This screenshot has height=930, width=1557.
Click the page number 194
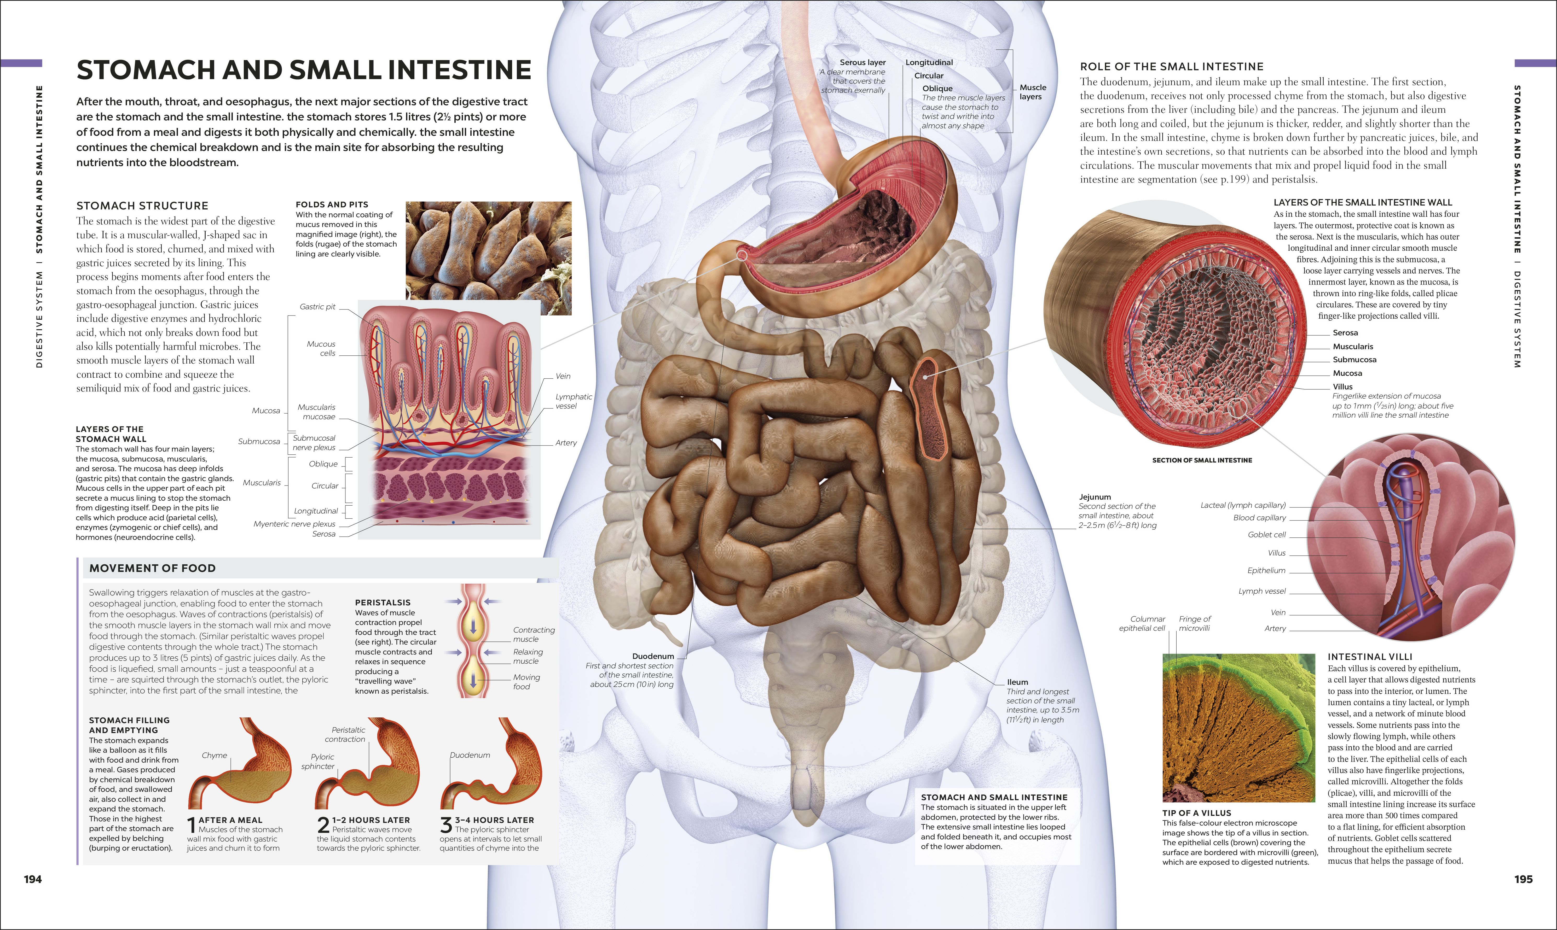pyautogui.click(x=33, y=879)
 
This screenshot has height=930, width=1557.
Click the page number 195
pyautogui.click(x=1523, y=879)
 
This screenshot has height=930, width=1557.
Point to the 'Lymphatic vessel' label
pyautogui.click(x=574, y=401)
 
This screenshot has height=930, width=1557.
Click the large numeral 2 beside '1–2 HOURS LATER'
pyautogui.click(x=323, y=825)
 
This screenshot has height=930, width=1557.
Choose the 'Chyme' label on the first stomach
pyautogui.click(x=214, y=755)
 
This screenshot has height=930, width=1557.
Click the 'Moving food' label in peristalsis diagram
pyautogui.click(x=526, y=682)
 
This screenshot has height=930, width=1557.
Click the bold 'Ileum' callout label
pyautogui.click(x=1017, y=682)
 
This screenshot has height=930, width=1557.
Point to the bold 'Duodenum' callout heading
pyautogui.click(x=653, y=656)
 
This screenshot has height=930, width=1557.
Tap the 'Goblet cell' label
pyautogui.click(x=1267, y=535)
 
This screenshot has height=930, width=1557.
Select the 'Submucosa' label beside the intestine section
pyautogui.click(x=1355, y=360)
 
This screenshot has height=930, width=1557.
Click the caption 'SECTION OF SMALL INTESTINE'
pyautogui.click(x=1202, y=460)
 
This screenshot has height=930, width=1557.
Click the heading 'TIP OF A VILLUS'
pyautogui.click(x=1197, y=813)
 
